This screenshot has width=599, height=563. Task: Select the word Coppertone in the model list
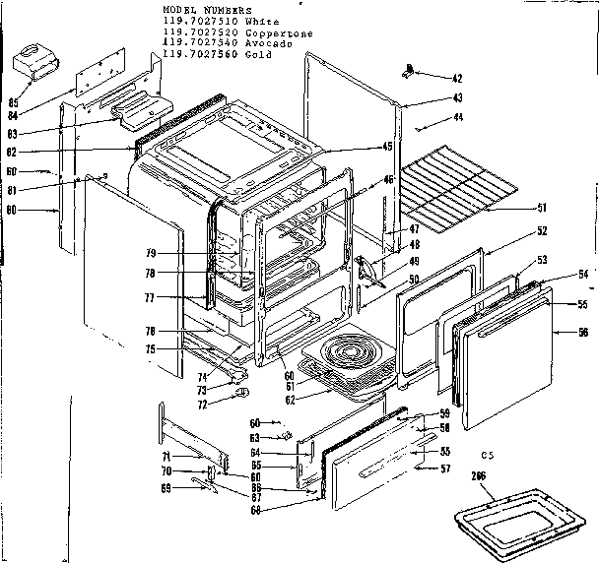[282, 32]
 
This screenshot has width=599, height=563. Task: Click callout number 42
[429, 78]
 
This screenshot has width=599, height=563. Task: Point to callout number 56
[584, 333]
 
